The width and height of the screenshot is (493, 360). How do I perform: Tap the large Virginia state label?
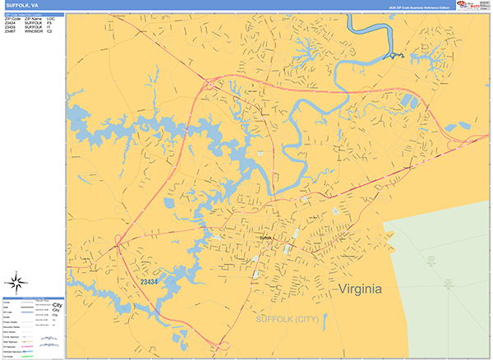click(360, 289)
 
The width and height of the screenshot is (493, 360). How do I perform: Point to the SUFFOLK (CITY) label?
click(285, 319)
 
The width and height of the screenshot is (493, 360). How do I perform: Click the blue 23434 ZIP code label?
click(149, 282)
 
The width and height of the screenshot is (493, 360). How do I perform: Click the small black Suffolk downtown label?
click(265, 238)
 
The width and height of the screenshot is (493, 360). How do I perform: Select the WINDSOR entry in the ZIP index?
click(34, 31)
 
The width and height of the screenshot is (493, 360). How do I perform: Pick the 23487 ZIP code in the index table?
click(10, 31)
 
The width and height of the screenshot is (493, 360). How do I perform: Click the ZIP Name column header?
click(34, 17)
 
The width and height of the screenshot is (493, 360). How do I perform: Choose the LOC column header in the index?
click(51, 17)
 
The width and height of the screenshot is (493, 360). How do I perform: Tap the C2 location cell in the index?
click(50, 31)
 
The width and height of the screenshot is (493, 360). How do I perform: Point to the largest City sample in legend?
click(57, 305)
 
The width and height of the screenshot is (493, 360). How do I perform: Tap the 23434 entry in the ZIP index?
click(10, 22)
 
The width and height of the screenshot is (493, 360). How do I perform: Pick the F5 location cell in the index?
click(50, 22)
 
